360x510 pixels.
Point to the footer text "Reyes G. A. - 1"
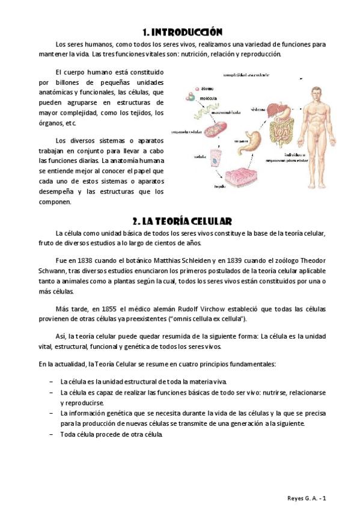(x=307, y=497)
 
